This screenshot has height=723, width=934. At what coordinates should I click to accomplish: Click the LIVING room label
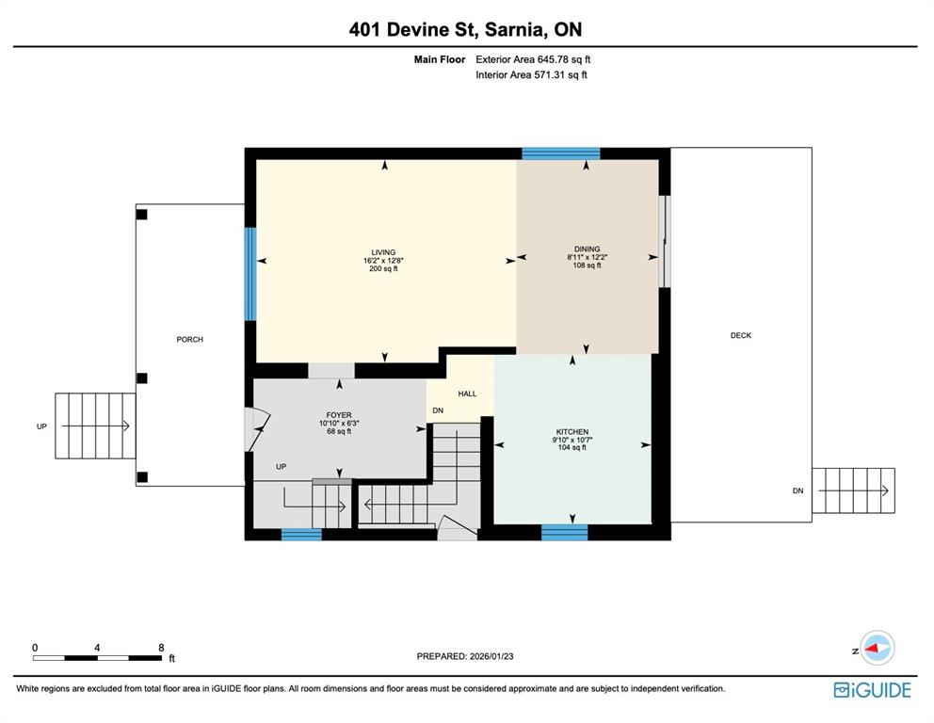click(383, 252)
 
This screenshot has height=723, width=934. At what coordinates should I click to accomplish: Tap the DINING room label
click(587, 249)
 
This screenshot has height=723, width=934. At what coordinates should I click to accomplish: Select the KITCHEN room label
click(572, 432)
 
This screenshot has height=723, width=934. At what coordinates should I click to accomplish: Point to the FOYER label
click(339, 415)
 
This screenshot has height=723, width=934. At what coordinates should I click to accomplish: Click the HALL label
click(467, 394)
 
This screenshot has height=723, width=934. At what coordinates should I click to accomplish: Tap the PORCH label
click(189, 340)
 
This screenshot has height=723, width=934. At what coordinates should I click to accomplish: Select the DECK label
click(740, 335)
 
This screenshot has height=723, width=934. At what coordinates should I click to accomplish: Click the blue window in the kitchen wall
click(565, 532)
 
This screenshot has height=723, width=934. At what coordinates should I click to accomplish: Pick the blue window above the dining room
click(561, 153)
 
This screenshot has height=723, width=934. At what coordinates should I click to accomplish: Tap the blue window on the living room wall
click(250, 274)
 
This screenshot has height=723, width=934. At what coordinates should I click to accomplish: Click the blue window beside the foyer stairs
click(301, 534)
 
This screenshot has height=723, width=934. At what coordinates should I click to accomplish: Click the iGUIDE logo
click(872, 690)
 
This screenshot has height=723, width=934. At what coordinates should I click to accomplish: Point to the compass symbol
click(877, 648)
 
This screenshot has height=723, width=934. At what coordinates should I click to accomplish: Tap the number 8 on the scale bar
click(161, 648)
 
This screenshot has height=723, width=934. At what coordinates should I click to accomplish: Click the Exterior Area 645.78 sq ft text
click(533, 59)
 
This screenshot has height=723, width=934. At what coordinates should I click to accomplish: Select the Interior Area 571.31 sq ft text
click(531, 75)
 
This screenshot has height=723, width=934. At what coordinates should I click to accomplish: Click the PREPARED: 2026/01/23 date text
click(464, 656)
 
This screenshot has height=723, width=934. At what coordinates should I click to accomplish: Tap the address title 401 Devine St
click(412, 30)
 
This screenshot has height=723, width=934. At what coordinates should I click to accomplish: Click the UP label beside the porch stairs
click(41, 426)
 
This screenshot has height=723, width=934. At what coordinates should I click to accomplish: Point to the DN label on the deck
click(797, 490)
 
